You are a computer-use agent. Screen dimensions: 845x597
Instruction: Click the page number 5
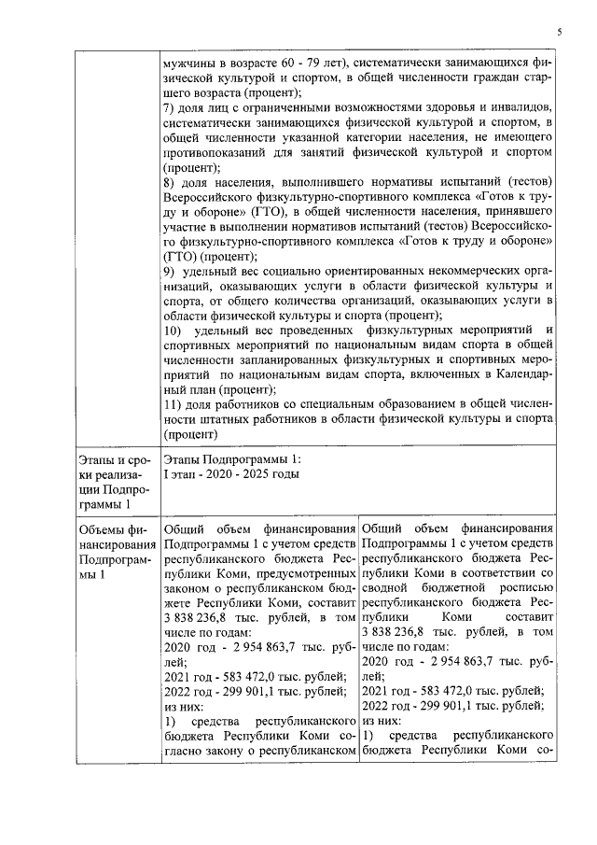pyautogui.click(x=559, y=31)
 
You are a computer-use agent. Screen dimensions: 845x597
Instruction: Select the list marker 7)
pyautogui.click(x=168, y=108)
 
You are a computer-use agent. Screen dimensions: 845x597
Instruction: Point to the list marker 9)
pyautogui.click(x=168, y=270)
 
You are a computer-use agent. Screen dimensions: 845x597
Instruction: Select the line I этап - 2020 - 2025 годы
pyautogui.click(x=231, y=474)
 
